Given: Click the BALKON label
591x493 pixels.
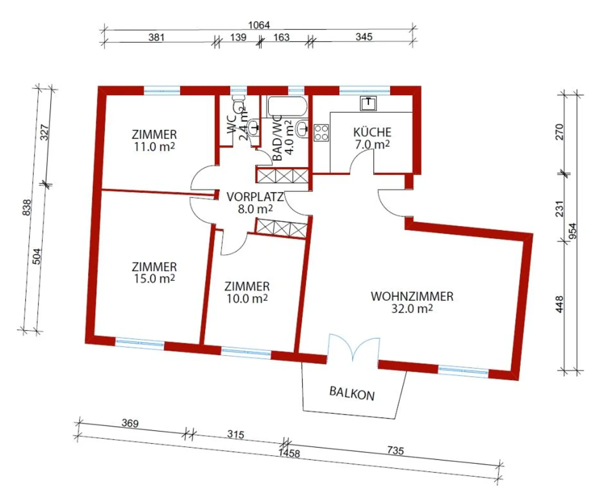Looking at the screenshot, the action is click(352, 393).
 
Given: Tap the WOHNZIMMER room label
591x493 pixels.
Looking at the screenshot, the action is click(412, 296).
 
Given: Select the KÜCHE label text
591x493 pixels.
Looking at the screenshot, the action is click(372, 132).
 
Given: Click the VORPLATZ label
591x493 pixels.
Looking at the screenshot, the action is click(255, 197).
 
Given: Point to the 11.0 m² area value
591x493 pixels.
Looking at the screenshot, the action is click(154, 147).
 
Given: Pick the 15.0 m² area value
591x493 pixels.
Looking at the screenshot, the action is click(154, 278).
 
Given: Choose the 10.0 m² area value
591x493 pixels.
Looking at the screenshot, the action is click(247, 299).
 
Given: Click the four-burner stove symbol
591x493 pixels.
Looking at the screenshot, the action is click(321, 133).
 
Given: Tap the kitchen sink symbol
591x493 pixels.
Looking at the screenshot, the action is click(368, 103).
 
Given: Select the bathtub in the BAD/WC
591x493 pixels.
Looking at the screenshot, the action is click(287, 106).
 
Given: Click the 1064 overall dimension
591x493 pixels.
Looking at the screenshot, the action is click(259, 25).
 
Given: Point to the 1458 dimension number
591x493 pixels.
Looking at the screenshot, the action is click(289, 453).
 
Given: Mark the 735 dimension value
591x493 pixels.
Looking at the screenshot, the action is click(395, 450).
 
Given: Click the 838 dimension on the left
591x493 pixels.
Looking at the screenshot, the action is click(27, 207).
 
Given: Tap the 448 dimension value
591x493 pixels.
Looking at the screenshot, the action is click(560, 304).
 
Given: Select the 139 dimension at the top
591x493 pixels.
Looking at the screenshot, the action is click(238, 37).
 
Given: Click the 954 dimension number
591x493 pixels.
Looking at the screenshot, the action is click(572, 231).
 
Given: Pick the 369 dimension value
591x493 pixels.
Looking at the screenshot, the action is click(130, 423).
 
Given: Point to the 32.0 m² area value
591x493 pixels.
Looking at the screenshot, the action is click(412, 308).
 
